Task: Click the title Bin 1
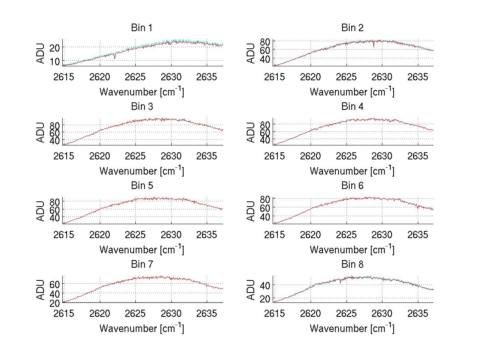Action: tap(142, 28)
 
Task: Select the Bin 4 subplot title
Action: tap(352, 107)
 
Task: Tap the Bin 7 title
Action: tap(142, 265)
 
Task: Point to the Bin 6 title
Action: tap(352, 186)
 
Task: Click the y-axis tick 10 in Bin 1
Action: tap(55, 61)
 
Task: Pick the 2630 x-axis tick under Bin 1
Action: tap(172, 77)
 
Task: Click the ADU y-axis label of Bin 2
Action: tap(251, 53)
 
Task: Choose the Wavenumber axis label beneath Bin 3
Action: tap(142, 171)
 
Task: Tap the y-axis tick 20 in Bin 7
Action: tap(55, 303)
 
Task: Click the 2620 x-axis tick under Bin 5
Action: tap(100, 235)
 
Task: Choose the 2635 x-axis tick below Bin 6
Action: tap(418, 235)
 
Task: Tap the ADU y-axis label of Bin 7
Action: tap(40, 289)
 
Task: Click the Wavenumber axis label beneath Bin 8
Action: tap(352, 329)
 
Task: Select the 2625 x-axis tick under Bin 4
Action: tap(346, 155)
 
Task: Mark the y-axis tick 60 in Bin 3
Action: tap(55, 132)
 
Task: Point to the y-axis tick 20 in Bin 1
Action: tap(55, 47)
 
